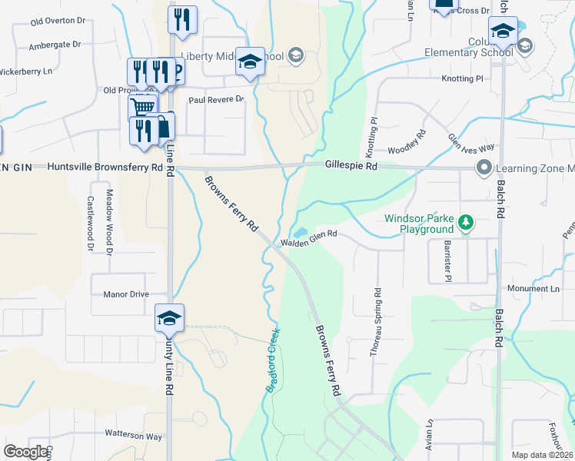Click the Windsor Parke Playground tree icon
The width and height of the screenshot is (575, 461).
465,223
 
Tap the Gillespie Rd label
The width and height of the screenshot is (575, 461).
351,165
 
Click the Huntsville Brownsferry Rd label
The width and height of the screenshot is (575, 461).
105,167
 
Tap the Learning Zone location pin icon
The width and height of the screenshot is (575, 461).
484,167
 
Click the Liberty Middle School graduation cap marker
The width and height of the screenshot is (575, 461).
250,62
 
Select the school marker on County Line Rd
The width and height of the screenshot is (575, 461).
169,318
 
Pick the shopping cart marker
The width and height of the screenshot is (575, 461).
141,108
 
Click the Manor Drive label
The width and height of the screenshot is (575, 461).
125,294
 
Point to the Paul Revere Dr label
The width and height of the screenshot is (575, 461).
216,100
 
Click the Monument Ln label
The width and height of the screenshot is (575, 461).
533,288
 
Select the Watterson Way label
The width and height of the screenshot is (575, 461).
134,436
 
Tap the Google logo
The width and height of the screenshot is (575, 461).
25,452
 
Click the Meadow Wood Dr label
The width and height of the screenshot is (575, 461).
109,222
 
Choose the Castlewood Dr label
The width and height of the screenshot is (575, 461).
91,224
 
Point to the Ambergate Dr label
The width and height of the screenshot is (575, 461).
55,45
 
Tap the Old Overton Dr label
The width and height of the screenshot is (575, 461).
58,22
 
